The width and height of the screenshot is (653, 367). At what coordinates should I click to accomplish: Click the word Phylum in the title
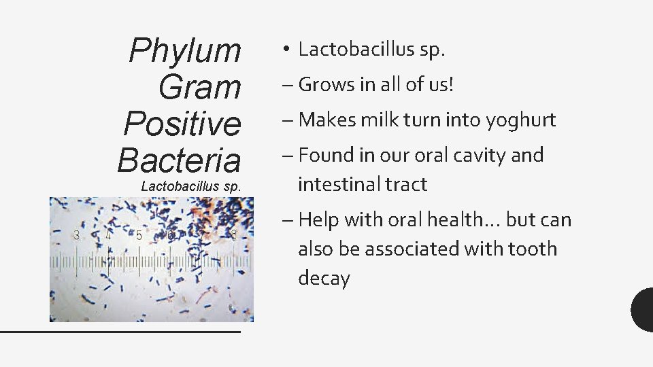(184, 50)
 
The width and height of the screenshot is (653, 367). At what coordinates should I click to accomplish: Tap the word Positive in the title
(182, 123)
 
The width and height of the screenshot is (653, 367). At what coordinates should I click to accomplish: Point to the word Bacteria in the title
(179, 160)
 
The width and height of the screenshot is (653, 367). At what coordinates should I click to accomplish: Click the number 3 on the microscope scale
(77, 235)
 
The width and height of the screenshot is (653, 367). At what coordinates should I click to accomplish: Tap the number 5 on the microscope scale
(139, 235)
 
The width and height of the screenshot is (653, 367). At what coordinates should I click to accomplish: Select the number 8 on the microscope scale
(233, 235)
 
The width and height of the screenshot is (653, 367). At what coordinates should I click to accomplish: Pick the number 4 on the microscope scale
(108, 235)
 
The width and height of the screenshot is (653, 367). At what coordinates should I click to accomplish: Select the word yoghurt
(521, 120)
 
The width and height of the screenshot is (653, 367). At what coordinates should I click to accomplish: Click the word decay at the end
(324, 279)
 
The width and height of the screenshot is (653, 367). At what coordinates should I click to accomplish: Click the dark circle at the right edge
(643, 309)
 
